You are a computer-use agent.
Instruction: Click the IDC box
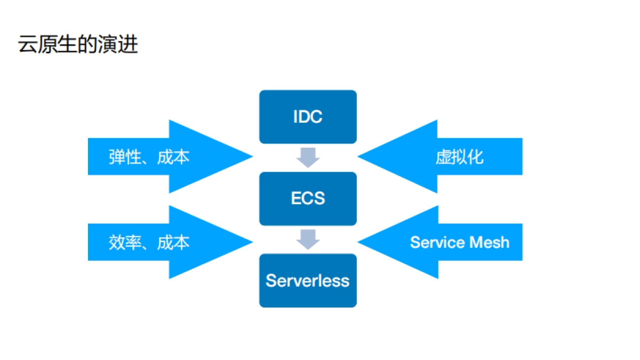coord(308,117)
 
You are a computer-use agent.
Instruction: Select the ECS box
coord(308,198)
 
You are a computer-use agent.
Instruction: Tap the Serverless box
coord(308,281)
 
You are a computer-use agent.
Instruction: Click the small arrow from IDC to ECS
coord(308,157)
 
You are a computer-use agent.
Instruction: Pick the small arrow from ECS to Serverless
coord(308,239)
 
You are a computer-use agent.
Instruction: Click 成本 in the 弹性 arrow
coord(173,157)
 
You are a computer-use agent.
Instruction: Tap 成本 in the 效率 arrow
coord(173,243)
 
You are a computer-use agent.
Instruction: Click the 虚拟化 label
coord(459,157)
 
